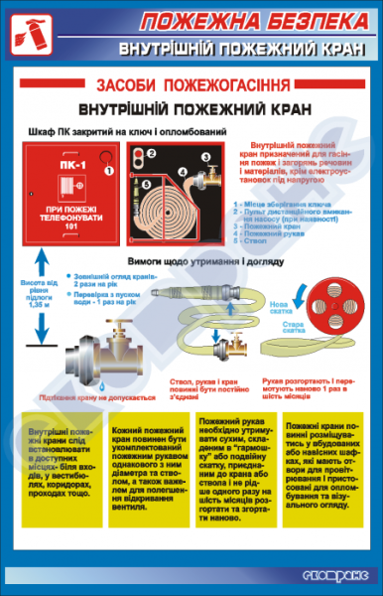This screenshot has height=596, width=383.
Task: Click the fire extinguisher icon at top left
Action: pyautogui.click(x=31, y=35)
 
